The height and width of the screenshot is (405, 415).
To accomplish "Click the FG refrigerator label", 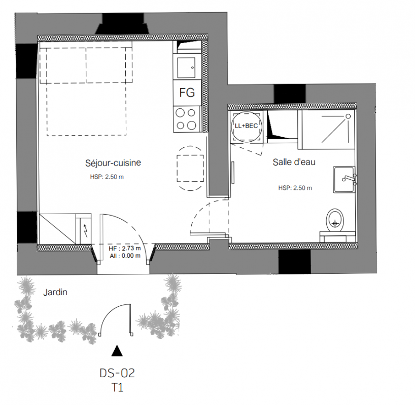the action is coord(187,93).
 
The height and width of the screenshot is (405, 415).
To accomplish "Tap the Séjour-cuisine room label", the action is coord(113,163).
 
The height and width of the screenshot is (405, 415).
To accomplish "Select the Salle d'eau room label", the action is coord(294,161).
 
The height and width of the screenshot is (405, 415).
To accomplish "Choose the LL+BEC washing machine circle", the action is coord(247,126).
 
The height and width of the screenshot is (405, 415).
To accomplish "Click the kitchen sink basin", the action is coord(186,68).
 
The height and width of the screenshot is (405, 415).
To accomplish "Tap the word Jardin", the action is coord(55,292).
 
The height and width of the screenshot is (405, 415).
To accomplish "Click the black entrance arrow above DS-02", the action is coord(117,351).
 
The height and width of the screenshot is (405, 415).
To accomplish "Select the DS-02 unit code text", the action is coord(117,373).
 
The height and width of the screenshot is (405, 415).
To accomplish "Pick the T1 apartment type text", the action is coord(117,388).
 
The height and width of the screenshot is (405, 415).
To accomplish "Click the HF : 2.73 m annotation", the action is coord(125,249).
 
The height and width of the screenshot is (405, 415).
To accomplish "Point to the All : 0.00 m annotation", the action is coord(125,256).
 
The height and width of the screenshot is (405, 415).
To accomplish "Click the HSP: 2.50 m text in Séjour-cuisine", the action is coord(107,177).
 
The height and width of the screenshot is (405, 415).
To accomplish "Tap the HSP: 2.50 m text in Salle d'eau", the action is coord(295,188).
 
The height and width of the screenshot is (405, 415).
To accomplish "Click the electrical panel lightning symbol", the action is coord(86,230).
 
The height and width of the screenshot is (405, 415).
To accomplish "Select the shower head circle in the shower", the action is coord(349,116).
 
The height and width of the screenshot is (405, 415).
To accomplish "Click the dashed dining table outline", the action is coord(190,168).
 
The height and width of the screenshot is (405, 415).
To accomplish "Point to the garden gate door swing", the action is coord(115,319).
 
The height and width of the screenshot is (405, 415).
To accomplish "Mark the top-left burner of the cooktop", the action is coord(180,113).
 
